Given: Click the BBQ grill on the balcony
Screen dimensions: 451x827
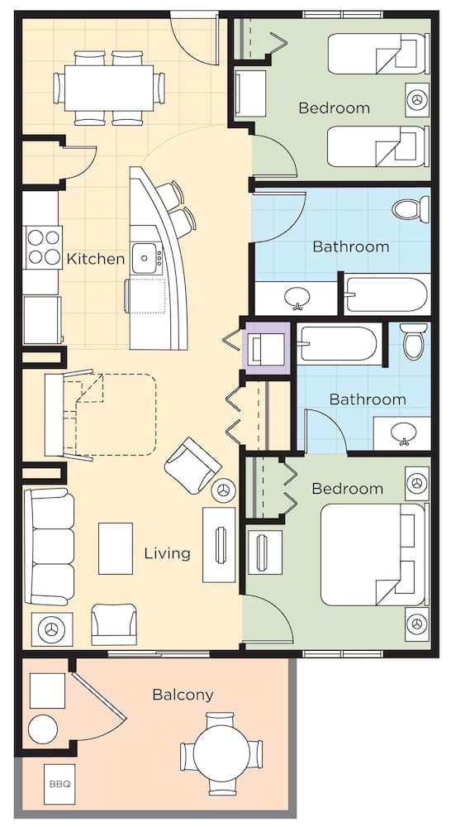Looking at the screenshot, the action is [59, 784].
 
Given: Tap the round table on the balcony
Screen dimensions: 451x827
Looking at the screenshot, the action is [221, 753].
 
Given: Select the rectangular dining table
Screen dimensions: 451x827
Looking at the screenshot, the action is [109, 88].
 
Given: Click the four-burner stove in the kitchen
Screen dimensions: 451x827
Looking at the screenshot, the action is [44, 247].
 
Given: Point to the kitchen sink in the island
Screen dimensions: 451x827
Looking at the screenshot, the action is [144, 258].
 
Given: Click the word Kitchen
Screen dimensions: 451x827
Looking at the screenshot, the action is [95, 259].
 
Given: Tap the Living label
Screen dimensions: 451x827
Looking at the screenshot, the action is [167, 553].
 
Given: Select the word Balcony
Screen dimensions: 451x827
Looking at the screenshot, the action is [183, 696].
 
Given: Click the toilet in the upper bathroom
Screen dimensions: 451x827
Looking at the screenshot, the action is [411, 209].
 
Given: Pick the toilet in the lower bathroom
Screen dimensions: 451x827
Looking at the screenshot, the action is [414, 341].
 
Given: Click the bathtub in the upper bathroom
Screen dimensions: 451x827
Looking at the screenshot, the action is [387, 294].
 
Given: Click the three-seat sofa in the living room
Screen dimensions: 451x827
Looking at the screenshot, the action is [49, 547].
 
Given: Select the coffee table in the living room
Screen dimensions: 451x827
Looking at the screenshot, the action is [116, 548].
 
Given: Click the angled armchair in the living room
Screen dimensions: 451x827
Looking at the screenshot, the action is [192, 466].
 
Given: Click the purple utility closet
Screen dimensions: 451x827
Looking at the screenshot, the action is [267, 348].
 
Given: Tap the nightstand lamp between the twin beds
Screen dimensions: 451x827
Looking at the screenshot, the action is [417, 100].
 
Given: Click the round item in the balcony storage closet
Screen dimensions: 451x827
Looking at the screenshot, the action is [43, 729].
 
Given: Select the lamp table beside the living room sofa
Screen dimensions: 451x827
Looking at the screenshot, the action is [52, 629].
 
